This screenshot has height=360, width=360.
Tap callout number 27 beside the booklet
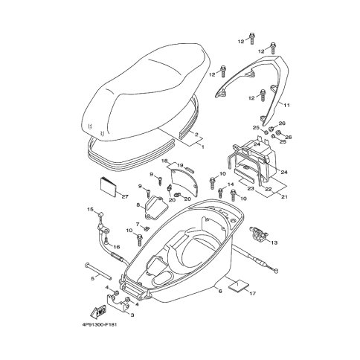coord(125,196)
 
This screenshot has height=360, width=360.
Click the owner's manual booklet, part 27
coord(108,187)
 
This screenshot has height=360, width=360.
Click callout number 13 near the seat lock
coord(274,242)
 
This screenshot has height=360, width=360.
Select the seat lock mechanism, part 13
coord(258,233)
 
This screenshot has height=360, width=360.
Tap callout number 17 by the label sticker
coord(252,293)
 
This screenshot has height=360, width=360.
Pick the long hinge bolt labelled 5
coord(98,270)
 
